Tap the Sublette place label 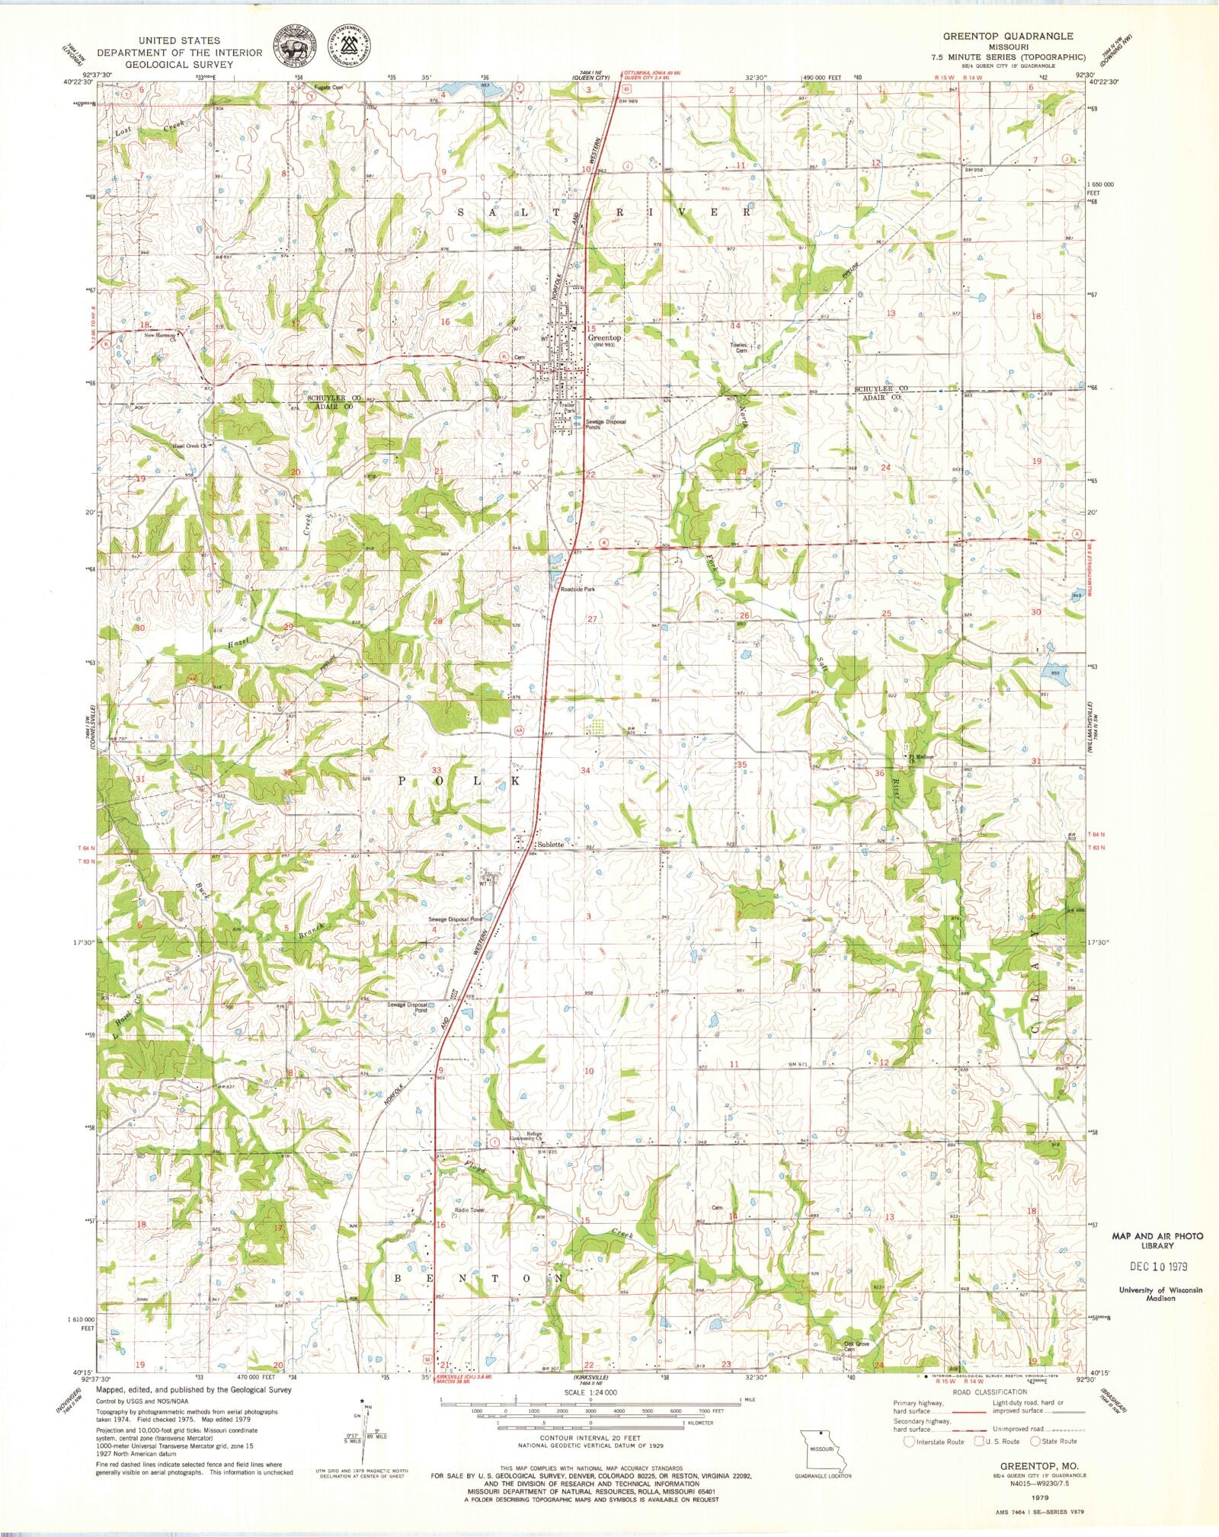pyautogui.click(x=550, y=845)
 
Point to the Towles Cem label pyautogui.click(x=738, y=347)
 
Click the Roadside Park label pyautogui.click(x=578, y=589)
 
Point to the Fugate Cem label pyautogui.click(x=329, y=87)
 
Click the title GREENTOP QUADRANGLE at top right pyautogui.click(x=1008, y=36)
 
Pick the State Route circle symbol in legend pyautogui.click(x=1035, y=1441)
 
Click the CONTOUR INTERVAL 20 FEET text pyautogui.click(x=590, y=1437)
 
